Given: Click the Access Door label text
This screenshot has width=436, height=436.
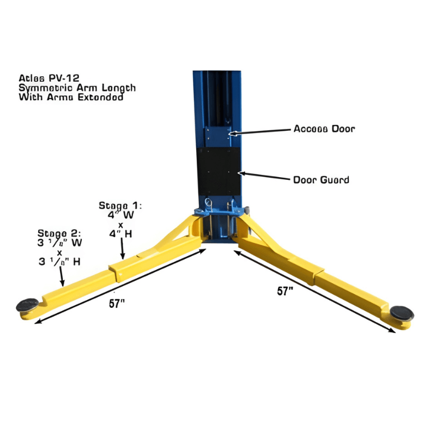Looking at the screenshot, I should tap(324, 129).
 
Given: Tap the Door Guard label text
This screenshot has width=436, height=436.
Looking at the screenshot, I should tap(321, 179).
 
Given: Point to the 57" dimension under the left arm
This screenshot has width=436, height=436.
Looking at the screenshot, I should tap(116, 304).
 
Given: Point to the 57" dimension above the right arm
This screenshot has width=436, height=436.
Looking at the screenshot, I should tap(285, 291).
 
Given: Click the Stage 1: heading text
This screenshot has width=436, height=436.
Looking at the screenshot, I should tap(120, 206).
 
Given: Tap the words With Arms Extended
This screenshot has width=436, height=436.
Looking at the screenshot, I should tap(70, 98).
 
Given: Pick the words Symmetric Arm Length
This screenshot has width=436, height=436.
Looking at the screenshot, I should tap(77, 88).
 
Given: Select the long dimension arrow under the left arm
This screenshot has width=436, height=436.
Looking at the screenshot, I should tap(120, 286).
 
